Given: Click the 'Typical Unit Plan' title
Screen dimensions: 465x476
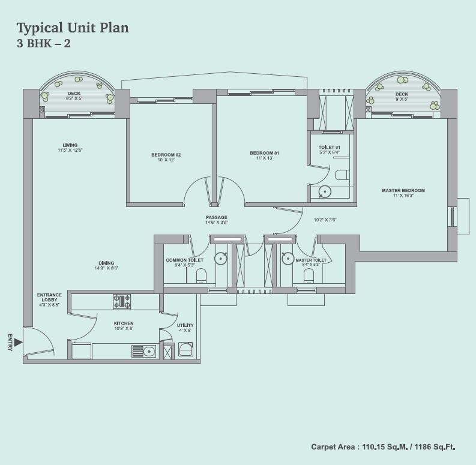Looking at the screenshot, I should pos(73,28).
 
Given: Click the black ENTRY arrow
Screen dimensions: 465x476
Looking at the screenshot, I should pos(18,342).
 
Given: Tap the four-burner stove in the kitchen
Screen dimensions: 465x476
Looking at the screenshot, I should pos(122,301).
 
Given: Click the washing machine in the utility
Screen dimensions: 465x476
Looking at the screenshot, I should pos(185,349).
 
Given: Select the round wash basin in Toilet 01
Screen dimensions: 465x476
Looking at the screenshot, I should pos(325,192).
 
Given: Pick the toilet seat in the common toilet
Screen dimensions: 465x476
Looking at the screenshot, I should pos(201,275).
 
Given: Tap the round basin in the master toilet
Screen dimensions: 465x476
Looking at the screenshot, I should pos(287,258).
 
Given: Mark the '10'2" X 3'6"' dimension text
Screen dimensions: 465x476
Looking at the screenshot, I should pos(325,220).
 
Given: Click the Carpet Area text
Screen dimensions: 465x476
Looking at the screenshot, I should pos(383,447).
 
